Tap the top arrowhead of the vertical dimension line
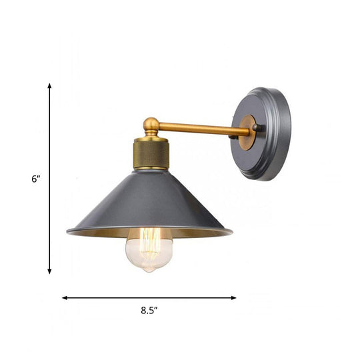[49, 85]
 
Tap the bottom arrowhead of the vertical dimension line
[49, 271]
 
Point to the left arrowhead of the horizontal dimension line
[65, 297]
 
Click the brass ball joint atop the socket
[151, 125]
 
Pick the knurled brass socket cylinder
[151, 153]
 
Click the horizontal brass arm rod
[200, 129]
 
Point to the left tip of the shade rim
[68, 232]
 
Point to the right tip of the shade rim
[231, 231]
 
